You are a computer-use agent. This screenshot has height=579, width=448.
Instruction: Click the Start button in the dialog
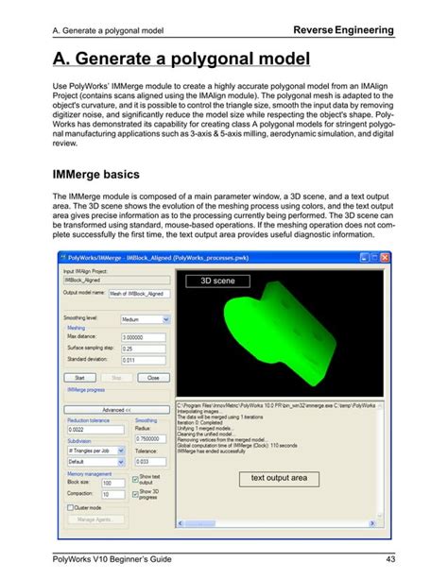(x=79, y=377)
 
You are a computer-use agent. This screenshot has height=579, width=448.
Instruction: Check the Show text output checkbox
(x=136, y=480)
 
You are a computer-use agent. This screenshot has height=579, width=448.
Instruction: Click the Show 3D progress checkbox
(x=136, y=493)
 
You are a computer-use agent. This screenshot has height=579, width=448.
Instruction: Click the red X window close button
(x=390, y=255)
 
